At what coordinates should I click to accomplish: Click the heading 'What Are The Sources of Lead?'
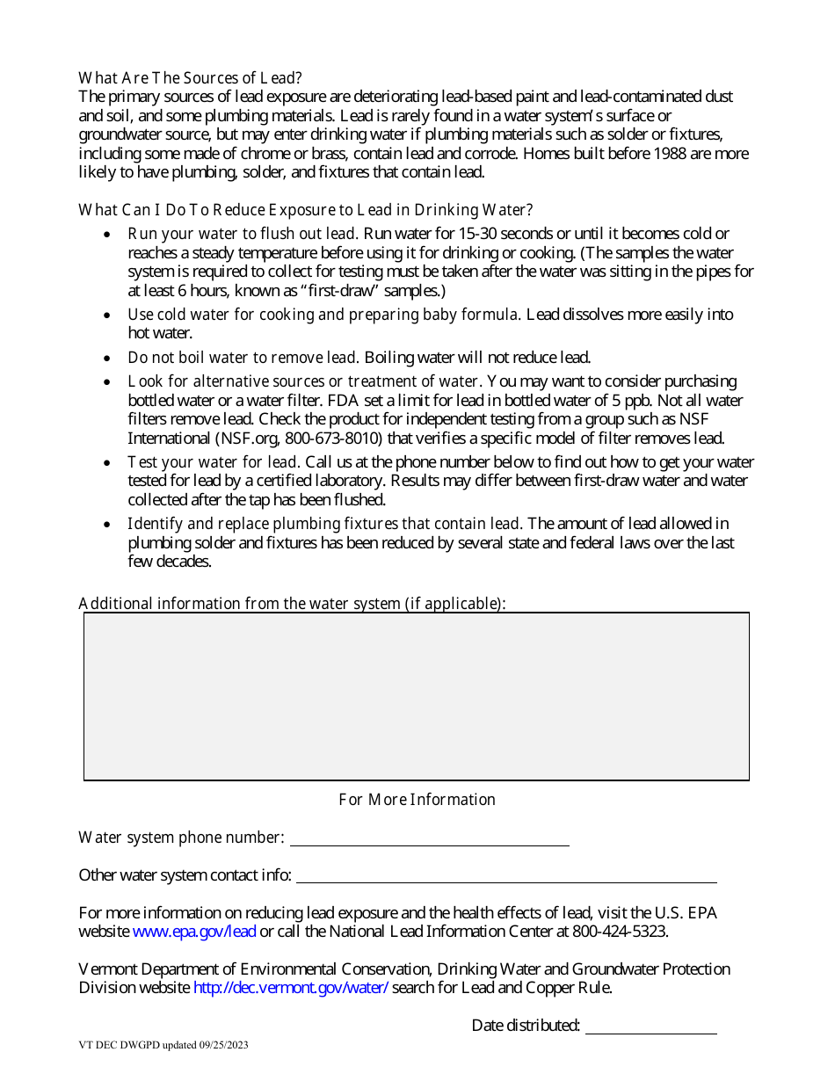click(x=190, y=77)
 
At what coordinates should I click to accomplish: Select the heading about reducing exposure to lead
click(x=305, y=210)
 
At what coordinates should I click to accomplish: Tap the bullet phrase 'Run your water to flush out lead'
click(x=242, y=234)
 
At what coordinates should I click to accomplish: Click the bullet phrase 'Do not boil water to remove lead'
click(x=242, y=358)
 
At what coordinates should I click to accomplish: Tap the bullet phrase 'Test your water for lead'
click(x=214, y=462)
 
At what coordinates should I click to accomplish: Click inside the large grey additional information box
click(x=417, y=696)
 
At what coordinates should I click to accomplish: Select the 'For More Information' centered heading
click(x=417, y=800)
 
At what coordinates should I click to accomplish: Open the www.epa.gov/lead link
click(x=194, y=932)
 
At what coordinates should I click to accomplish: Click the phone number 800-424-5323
click(x=619, y=932)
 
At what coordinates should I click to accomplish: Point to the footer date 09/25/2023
click(x=226, y=1046)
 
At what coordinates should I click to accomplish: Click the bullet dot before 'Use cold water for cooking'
click(x=107, y=316)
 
